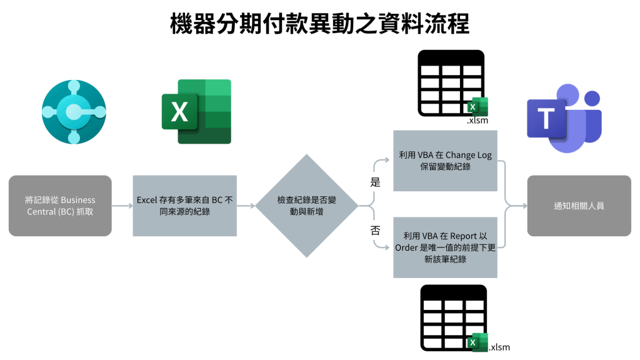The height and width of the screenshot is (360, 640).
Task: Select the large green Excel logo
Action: [196, 111]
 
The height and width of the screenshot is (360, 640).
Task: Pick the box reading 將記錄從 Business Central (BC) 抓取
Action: [60, 206]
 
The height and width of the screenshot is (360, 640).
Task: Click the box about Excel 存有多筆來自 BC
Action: [185, 206]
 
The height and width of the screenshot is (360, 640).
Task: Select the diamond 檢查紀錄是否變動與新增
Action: [306, 206]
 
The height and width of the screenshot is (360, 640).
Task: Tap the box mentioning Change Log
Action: [445, 161]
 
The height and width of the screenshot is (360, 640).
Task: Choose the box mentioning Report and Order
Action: [445, 247]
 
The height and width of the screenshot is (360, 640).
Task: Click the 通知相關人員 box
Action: [579, 206]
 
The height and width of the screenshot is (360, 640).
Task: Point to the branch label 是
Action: [376, 182]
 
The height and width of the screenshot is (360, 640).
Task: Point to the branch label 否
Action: [376, 230]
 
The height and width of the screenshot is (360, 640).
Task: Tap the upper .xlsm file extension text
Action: [477, 121]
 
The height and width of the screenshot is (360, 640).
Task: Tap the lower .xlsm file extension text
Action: [499, 347]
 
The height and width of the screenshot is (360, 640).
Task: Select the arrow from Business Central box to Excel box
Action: [122, 206]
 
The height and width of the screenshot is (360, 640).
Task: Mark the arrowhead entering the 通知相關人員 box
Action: [522, 206]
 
